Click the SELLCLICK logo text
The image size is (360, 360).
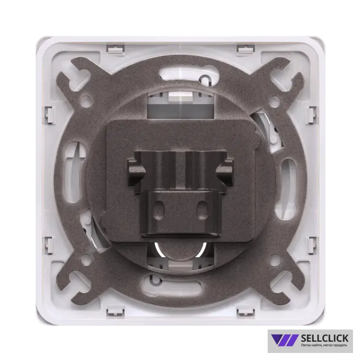(x=324, y=338)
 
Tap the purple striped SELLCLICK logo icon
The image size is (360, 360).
(x=285, y=340)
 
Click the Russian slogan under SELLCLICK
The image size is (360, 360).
(x=324, y=345)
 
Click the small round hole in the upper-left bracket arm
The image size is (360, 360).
(x=86, y=100)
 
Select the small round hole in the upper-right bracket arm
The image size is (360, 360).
(x=274, y=100)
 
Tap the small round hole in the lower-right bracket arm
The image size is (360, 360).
(x=274, y=260)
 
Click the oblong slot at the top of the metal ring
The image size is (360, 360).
(x=189, y=75)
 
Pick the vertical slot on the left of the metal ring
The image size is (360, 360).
(x=74, y=172)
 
